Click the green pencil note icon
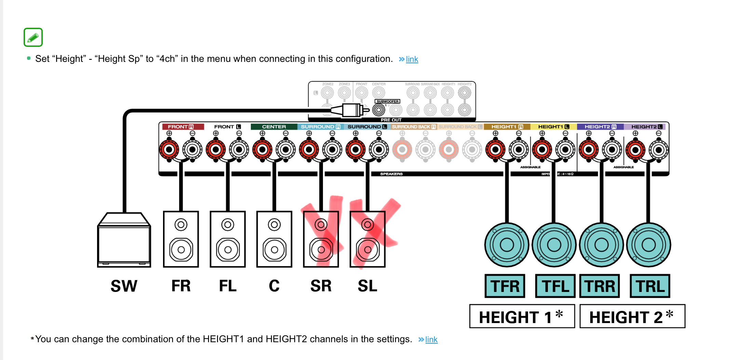33,37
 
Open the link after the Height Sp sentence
412,59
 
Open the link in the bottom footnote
431,339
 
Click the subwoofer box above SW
124,240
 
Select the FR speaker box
181,239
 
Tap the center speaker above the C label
274,239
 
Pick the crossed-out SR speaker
321,239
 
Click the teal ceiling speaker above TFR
507,245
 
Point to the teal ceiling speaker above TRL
648,245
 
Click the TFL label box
555,286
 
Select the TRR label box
599,286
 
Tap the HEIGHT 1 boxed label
522,317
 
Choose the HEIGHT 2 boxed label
632,317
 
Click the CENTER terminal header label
274,127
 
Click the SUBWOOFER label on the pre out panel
387,102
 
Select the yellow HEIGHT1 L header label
553,127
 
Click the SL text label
367,286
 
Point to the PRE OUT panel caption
391,120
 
